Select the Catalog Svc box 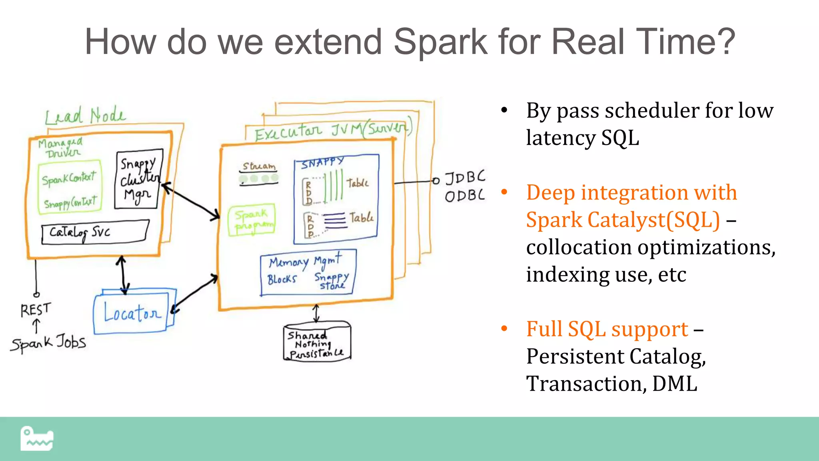coord(95,232)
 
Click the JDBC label coord(465,177)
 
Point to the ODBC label coord(465,196)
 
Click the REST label coord(36,309)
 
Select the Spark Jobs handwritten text coord(48,343)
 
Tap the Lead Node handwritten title coord(85,116)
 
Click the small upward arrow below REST coord(36,325)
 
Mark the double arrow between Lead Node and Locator coord(123,275)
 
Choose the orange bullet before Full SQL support coord(504,329)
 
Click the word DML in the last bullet coord(675,384)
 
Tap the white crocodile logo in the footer coord(37,439)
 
